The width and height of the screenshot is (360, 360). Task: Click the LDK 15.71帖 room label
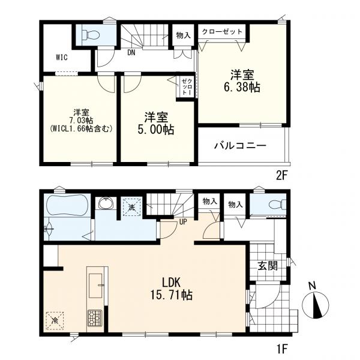(x=171, y=289)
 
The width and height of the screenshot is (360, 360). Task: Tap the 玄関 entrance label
(x=268, y=266)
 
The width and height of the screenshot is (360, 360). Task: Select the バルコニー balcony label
(x=240, y=146)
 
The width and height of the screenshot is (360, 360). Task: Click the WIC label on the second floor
(x=62, y=57)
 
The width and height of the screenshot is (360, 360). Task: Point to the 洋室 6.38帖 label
(x=242, y=81)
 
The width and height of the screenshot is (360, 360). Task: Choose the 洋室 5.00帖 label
(x=156, y=123)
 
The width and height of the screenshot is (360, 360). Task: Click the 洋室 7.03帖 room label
(x=81, y=121)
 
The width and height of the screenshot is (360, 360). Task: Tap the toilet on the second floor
(x=92, y=35)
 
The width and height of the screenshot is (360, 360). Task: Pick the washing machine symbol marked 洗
(x=132, y=206)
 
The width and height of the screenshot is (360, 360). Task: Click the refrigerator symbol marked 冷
(x=55, y=320)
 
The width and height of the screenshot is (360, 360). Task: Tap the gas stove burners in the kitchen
(x=95, y=318)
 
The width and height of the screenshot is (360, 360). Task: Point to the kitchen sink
(x=96, y=286)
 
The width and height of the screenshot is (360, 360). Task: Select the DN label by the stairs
(x=131, y=53)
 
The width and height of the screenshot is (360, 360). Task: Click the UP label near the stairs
(x=183, y=222)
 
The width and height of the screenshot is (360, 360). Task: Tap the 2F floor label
(x=282, y=176)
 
